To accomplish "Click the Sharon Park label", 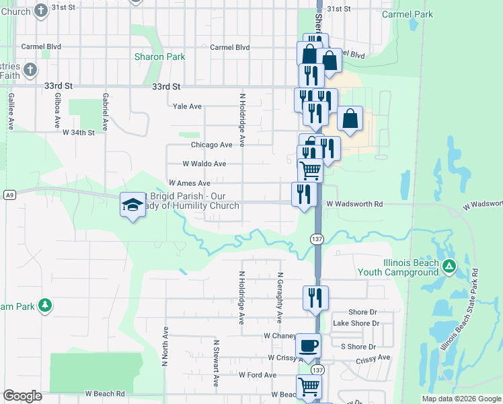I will pyautogui.click(x=159, y=57).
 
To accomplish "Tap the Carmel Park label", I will pyautogui.click(x=407, y=13).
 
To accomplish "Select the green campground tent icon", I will pyautogui.click(x=449, y=267).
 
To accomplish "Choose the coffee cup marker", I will pyautogui.click(x=308, y=346).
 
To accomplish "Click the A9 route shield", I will pyautogui.click(x=9, y=195).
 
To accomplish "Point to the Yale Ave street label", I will pyautogui.click(x=187, y=106).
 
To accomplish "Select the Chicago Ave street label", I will pyautogui.click(x=211, y=145).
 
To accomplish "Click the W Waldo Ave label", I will pyautogui.click(x=204, y=164).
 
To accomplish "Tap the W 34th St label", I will pyautogui.click(x=79, y=133).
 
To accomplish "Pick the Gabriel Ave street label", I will pyautogui.click(x=106, y=111).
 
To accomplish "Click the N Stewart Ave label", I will pyautogui.click(x=216, y=363).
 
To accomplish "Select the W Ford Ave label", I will pyautogui.click(x=257, y=375).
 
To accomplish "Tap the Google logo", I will pyautogui.click(x=22, y=396).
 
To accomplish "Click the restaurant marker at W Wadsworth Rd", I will pyautogui.click(x=304, y=194).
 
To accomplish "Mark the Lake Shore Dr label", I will pyautogui.click(x=356, y=324).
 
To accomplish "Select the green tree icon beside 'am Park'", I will pyautogui.click(x=45, y=306).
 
